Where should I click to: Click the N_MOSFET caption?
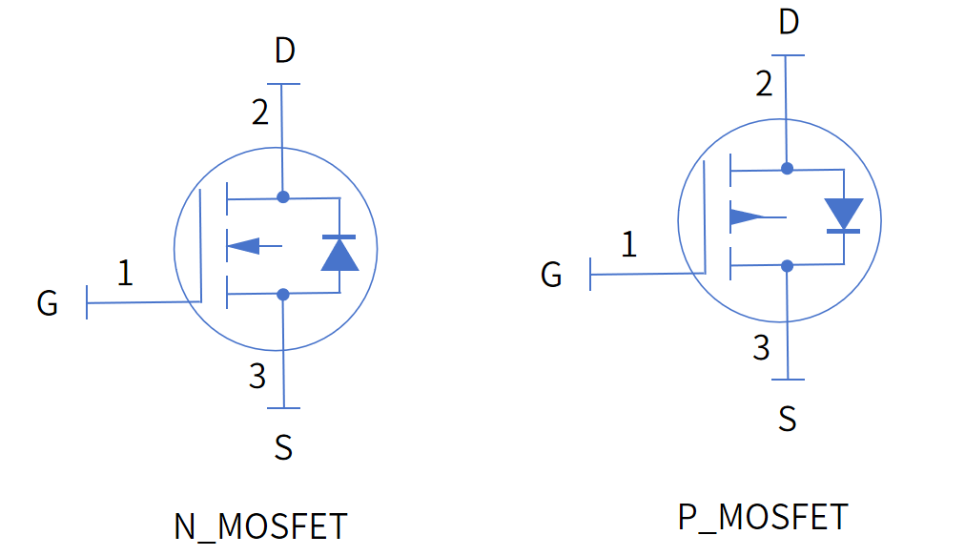[x=260, y=526]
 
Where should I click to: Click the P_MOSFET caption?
[x=762, y=517]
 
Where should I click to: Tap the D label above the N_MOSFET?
[x=284, y=51]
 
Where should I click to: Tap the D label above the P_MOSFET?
[x=788, y=21]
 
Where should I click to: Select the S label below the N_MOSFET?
[x=283, y=446]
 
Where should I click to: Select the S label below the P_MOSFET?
[x=787, y=418]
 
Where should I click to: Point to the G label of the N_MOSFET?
[x=48, y=304]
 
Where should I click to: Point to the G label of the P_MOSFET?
[x=551, y=275]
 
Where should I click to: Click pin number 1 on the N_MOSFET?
[x=125, y=274]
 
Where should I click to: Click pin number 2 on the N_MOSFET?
[x=259, y=113]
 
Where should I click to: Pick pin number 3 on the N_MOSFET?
[x=257, y=377]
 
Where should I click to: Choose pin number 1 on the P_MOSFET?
[x=628, y=245]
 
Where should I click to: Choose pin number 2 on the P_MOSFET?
[x=763, y=84]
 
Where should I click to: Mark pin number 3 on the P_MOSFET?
[x=761, y=348]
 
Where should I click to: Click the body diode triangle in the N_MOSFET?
[x=339, y=255]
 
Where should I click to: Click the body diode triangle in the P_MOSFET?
[x=843, y=213]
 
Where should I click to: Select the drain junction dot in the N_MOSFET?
[x=283, y=197]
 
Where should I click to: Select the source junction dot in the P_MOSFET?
[x=787, y=266]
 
